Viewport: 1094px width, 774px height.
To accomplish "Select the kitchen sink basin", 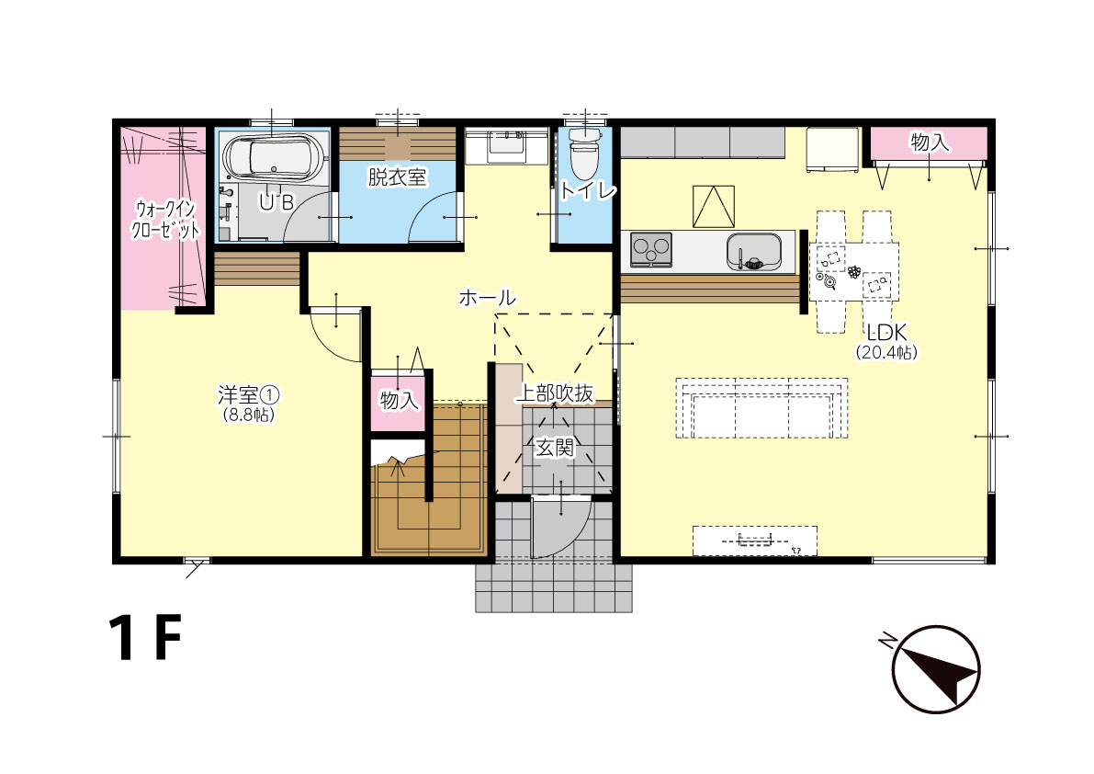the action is (753, 251).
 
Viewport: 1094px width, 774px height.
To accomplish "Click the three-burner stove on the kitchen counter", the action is (651, 250).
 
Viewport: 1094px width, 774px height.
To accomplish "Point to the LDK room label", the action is (886, 333).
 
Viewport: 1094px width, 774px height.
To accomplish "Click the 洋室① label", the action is (248, 395).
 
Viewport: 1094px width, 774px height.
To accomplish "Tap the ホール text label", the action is (487, 298).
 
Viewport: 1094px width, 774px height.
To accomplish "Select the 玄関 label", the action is (555, 448).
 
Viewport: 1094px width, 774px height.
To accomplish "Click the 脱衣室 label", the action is (396, 177).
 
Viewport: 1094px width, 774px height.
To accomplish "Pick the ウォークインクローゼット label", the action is (166, 220).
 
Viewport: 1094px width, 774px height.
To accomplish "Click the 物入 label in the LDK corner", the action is (930, 142).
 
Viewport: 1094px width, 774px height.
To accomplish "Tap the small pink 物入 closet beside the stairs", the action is (398, 403).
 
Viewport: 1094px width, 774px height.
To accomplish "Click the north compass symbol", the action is (936, 668).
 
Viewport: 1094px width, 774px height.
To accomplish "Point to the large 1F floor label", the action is (145, 638).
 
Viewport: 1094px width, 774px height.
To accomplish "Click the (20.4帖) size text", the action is (886, 353).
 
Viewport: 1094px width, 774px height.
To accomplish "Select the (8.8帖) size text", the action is (248, 415).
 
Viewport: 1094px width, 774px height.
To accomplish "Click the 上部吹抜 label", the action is (555, 394).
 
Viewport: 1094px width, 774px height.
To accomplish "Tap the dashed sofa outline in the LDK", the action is (761, 408).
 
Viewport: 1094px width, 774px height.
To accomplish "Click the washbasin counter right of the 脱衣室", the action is (506, 145).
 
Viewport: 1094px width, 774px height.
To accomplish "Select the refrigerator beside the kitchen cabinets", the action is (832, 150).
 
